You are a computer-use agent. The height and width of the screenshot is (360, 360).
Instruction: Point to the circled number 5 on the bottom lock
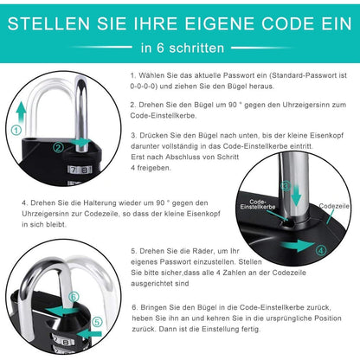click(x=97, y=322)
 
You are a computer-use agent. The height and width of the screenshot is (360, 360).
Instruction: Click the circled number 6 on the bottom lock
click(x=74, y=296)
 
